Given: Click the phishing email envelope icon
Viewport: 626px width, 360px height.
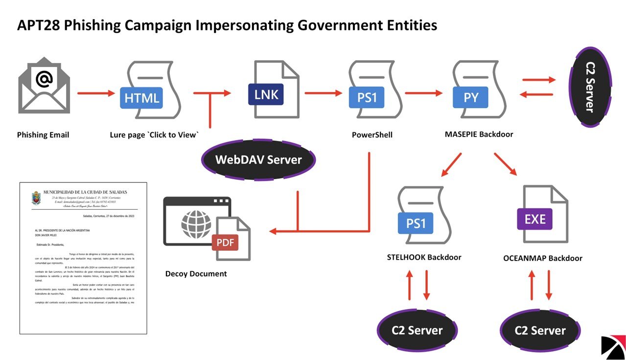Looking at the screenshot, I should click(x=44, y=86).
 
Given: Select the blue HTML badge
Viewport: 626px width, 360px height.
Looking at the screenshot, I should click(x=141, y=97).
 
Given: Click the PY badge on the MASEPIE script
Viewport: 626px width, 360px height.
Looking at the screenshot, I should click(x=470, y=97).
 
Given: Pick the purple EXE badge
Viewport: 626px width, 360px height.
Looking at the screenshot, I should click(x=534, y=219).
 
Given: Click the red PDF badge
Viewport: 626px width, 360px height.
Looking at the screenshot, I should click(x=225, y=242).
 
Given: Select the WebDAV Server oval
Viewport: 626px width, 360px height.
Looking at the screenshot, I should click(x=258, y=160).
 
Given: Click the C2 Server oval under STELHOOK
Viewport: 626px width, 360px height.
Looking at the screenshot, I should click(x=417, y=331).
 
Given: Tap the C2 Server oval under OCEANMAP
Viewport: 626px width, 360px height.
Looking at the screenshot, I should click(x=540, y=331).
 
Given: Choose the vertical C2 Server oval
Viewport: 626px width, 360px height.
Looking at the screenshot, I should click(x=590, y=87).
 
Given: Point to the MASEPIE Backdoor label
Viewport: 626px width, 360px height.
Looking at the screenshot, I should click(x=479, y=134).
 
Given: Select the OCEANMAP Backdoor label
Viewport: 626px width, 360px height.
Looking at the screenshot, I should click(x=542, y=258).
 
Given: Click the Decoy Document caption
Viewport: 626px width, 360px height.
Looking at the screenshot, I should click(x=196, y=274).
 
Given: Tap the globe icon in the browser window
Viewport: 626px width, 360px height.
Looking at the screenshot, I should click(x=196, y=224).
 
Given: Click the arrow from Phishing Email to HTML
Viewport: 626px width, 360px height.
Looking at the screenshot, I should click(x=95, y=93).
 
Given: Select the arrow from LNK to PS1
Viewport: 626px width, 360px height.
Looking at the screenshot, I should click(x=323, y=93).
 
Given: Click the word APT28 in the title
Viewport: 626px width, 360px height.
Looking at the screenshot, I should click(x=41, y=25).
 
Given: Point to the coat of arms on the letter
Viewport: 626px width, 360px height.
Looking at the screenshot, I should click(x=36, y=198).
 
